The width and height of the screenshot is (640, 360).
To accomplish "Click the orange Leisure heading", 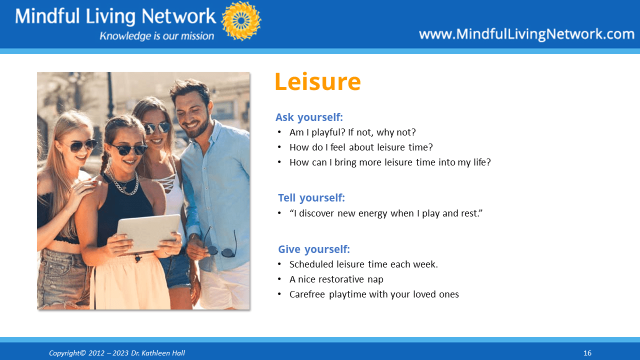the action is click(x=317, y=81).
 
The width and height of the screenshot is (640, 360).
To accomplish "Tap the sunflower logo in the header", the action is click(x=241, y=21).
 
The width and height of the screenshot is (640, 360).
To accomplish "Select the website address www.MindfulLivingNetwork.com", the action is click(x=526, y=34).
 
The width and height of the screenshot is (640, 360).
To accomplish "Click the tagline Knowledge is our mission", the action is click(x=157, y=36).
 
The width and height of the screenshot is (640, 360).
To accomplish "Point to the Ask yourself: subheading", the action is click(x=309, y=117).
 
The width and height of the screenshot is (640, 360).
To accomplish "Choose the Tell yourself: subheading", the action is click(x=311, y=197).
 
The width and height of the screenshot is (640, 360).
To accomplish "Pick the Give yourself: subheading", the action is click(x=314, y=249).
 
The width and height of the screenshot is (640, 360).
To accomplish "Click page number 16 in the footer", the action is click(x=587, y=353).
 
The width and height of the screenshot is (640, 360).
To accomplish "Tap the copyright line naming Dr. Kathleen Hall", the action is click(x=117, y=353).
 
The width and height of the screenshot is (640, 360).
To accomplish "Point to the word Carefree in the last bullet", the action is click(x=307, y=294).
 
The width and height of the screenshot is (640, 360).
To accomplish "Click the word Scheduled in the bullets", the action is click(x=311, y=264).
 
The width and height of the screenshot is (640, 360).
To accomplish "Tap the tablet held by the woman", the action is click(x=148, y=233).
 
